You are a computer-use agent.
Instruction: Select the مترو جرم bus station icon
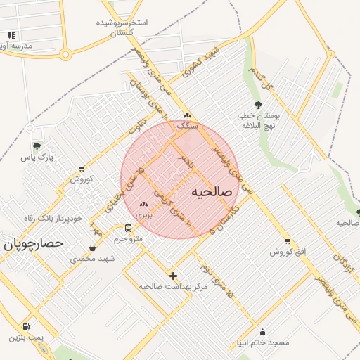tap(128, 228)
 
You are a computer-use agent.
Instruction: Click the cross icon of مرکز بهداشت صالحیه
tap(173, 275)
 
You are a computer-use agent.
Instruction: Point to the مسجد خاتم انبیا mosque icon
tap(263, 333)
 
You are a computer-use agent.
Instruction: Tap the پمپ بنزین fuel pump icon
tap(26, 326)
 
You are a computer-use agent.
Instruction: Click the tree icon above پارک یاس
tap(37, 146)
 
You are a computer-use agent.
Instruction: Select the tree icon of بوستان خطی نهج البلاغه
tap(258, 105)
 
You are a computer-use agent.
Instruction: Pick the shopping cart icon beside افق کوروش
tap(287, 241)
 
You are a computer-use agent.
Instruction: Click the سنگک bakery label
tap(187, 125)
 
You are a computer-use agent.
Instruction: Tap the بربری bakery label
tap(143, 213)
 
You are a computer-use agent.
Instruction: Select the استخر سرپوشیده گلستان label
tap(123, 27)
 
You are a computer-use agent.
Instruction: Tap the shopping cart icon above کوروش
tap(82, 168)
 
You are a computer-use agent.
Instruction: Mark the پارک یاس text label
tap(37, 157)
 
